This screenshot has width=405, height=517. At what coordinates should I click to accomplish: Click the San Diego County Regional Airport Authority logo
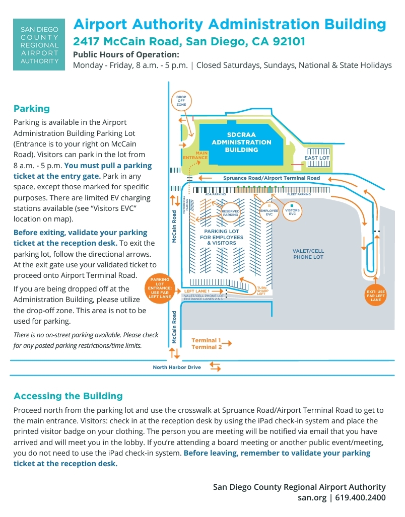(x=39, y=45)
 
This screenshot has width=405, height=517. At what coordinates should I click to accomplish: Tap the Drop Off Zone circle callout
(x=181, y=100)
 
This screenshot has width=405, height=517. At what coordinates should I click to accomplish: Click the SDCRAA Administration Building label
(x=241, y=142)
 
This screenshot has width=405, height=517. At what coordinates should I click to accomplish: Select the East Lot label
(x=317, y=158)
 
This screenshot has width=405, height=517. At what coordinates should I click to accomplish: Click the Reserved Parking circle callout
(x=230, y=213)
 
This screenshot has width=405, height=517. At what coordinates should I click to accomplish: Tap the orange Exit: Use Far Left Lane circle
(x=376, y=296)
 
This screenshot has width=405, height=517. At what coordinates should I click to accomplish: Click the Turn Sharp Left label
(x=261, y=291)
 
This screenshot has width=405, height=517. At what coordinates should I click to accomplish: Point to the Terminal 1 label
(x=207, y=341)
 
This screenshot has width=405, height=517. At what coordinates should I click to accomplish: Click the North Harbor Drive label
(x=177, y=367)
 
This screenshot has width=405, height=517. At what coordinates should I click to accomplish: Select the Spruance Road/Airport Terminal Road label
(x=272, y=178)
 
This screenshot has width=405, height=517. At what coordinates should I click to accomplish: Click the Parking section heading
(x=32, y=109)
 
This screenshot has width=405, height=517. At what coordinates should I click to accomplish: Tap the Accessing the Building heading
(x=68, y=396)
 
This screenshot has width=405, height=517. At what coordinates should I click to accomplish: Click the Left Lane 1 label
(x=196, y=291)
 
